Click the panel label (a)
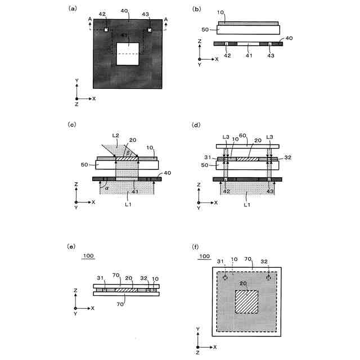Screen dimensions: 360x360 72,8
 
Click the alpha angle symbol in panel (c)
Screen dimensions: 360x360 107,189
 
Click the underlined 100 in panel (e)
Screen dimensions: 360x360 88,256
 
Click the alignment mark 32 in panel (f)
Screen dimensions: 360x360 269,278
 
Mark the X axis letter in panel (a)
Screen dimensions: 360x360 94,98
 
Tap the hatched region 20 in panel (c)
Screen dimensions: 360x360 127,159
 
